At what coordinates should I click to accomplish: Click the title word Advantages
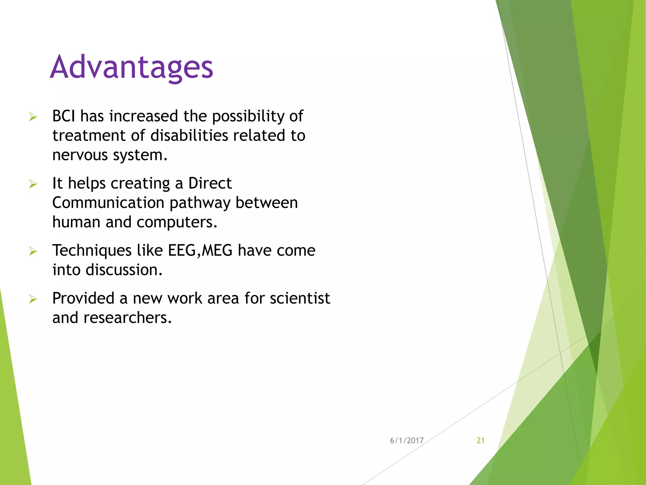132,67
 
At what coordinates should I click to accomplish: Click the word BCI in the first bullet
64,116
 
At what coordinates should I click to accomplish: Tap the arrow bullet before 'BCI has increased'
33,117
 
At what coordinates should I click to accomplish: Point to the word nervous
80,155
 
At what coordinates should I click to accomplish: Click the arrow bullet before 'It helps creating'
33,184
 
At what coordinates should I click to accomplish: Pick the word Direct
210,183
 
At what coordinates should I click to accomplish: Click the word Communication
108,203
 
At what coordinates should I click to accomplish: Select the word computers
177,222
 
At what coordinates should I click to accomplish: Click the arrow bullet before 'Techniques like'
33,251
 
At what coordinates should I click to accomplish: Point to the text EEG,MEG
200,251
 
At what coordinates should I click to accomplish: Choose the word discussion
124,270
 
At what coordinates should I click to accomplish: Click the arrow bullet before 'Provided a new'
33,299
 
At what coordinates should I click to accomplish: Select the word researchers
127,318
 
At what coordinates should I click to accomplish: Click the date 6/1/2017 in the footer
407,440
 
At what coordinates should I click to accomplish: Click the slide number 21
480,440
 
